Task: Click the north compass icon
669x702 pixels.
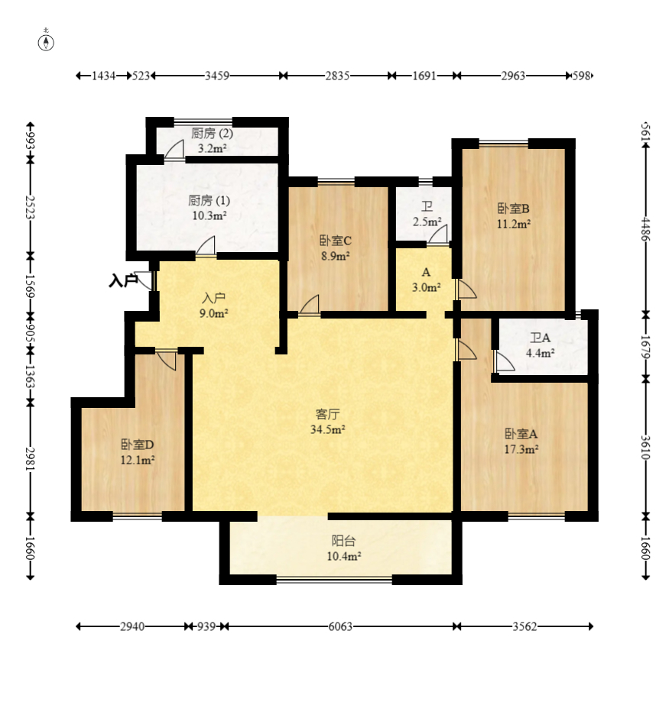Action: pyautogui.click(x=46, y=42)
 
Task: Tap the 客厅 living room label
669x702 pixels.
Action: pyautogui.click(x=327, y=414)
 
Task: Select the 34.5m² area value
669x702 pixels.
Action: pyautogui.click(x=327, y=429)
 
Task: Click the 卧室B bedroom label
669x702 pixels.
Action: pyautogui.click(x=514, y=209)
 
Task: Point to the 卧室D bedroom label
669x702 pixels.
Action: pyautogui.click(x=138, y=445)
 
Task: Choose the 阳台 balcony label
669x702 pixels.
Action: pyautogui.click(x=344, y=541)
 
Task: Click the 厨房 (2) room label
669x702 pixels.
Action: pyautogui.click(x=212, y=133)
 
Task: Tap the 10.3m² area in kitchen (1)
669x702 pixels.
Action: pyautogui.click(x=209, y=215)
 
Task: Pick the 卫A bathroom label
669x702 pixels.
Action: pyautogui.click(x=540, y=338)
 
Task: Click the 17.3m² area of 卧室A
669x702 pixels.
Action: pyautogui.click(x=521, y=449)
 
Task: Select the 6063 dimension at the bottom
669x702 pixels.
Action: pyautogui.click(x=340, y=626)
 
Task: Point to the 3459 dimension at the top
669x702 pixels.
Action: pyautogui.click(x=217, y=76)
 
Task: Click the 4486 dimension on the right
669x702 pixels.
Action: pyautogui.click(x=646, y=228)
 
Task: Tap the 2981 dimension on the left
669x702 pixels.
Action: pyautogui.click(x=30, y=459)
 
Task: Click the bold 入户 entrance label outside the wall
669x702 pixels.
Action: pyautogui.click(x=123, y=281)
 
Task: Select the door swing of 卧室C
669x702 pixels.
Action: pyautogui.click(x=309, y=305)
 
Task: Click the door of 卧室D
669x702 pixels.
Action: pyautogui.click(x=166, y=361)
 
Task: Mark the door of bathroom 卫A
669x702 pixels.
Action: pyautogui.click(x=505, y=361)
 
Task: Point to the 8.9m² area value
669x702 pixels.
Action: pyautogui.click(x=335, y=256)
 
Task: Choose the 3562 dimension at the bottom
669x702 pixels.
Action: pyautogui.click(x=524, y=626)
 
